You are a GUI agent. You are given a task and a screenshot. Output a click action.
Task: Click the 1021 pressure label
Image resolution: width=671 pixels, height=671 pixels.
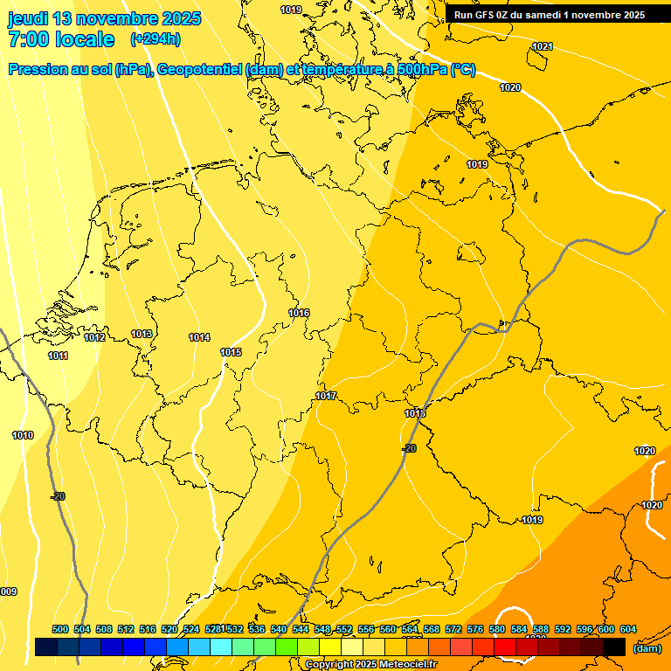point(543,46)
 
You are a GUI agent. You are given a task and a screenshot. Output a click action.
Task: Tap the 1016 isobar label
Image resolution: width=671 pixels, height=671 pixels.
point(299,313)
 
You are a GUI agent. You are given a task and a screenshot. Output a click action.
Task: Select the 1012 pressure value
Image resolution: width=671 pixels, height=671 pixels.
point(95,337)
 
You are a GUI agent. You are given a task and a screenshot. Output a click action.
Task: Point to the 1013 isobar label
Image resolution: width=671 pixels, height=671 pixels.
point(142,334)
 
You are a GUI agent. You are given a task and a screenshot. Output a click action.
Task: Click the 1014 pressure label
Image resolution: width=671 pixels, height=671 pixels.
point(199,337)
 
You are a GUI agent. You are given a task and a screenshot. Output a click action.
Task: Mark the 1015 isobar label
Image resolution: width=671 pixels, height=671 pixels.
point(231,352)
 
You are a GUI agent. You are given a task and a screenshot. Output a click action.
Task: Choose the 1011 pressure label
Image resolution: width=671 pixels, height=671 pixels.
point(59,356)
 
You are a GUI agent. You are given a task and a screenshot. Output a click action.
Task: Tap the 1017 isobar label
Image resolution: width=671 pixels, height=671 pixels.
point(326,396)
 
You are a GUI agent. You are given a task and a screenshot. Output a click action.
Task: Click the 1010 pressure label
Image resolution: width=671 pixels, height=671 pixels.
point(23,435)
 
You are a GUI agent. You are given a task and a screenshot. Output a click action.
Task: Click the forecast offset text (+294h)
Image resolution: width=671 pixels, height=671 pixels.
point(156,39)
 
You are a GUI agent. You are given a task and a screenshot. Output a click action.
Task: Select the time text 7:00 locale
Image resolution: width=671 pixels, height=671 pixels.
point(61,39)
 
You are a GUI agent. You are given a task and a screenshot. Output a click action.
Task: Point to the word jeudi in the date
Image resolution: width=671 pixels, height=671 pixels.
point(28,18)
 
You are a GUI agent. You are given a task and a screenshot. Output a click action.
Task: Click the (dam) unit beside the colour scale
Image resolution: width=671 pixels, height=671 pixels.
point(647,648)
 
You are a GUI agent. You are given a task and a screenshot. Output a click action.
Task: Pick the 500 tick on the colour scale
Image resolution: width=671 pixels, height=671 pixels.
point(60,629)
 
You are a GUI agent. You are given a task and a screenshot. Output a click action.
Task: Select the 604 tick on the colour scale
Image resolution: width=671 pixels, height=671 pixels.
point(628,629)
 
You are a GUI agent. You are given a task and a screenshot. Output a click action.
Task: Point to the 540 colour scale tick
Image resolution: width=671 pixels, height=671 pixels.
point(279,629)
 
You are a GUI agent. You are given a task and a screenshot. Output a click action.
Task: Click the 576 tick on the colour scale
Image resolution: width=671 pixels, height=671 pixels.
point(475,629)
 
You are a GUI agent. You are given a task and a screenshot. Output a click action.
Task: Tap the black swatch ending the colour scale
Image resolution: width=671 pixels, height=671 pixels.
point(613,647)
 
